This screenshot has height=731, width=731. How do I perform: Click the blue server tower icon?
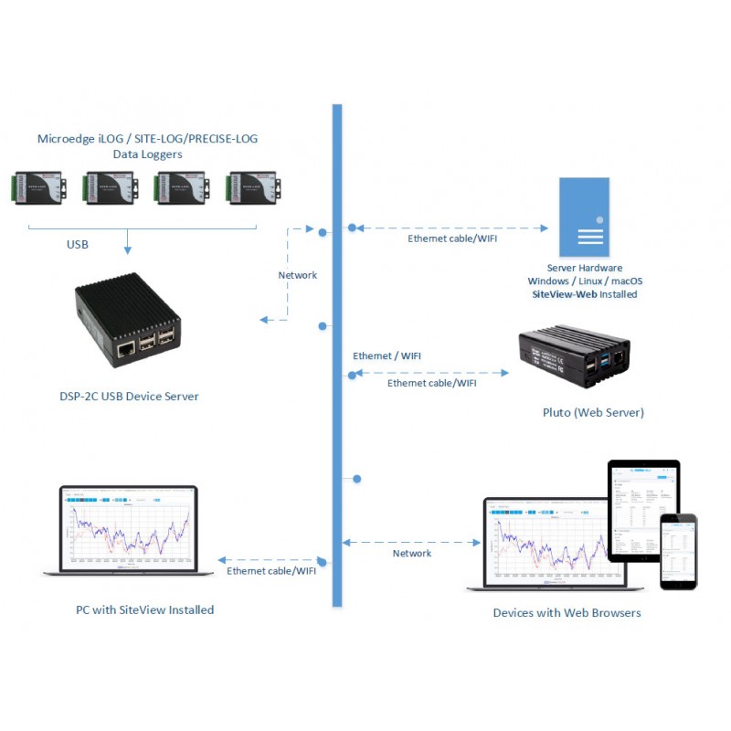pyautogui.click(x=584, y=217)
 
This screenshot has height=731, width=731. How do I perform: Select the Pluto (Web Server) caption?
pyautogui.click(x=593, y=412)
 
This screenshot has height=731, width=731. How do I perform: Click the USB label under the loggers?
pyautogui.click(x=78, y=244)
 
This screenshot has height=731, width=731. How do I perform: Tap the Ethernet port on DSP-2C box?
pyautogui.click(x=123, y=348)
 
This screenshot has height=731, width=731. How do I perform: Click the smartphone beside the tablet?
pyautogui.click(x=679, y=551)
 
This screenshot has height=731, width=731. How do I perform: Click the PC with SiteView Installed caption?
pyautogui.click(x=144, y=609)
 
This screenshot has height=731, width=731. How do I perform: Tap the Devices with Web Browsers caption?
pyautogui.click(x=567, y=612)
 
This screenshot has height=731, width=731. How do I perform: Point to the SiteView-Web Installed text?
pyautogui.click(x=584, y=294)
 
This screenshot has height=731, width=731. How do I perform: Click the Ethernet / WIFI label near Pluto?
pyautogui.click(x=387, y=355)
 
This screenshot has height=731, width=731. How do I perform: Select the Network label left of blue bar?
pyautogui.click(x=297, y=275)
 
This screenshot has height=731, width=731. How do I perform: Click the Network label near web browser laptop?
pyautogui.click(x=412, y=553)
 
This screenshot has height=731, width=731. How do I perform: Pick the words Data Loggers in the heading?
pyautogui.click(x=147, y=154)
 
